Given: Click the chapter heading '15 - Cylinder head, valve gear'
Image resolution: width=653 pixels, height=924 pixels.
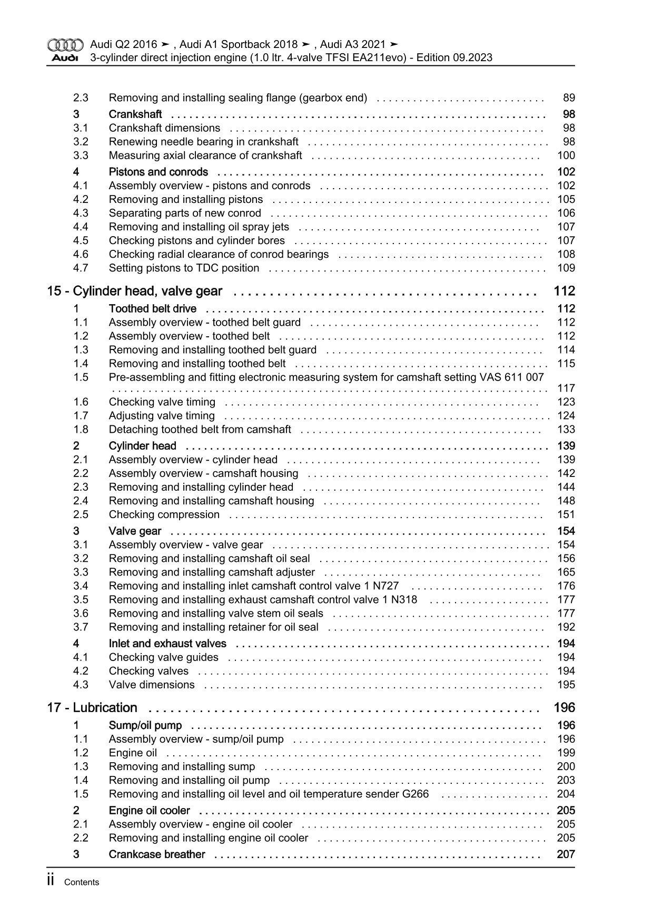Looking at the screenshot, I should (x=135, y=291).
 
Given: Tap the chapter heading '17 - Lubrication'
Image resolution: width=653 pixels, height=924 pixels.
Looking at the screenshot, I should (x=92, y=707).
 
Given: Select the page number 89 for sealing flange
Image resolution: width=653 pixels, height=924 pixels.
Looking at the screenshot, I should (x=569, y=98).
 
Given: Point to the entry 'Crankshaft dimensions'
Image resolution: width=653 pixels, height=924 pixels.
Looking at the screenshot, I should (x=164, y=128).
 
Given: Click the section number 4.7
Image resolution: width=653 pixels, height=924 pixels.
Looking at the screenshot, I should (x=81, y=268).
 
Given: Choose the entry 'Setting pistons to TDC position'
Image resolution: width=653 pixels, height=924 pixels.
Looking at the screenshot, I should (x=184, y=268).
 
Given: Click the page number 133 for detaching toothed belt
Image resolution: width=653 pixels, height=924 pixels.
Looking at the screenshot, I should (x=566, y=429).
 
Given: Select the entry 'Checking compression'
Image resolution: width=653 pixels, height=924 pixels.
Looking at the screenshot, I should (x=164, y=514).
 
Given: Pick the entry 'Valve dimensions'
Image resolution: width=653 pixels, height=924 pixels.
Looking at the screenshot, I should (x=152, y=685).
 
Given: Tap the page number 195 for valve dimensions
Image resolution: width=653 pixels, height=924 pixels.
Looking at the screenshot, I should (x=566, y=685).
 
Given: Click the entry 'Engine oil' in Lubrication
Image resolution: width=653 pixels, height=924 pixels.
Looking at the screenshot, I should (x=133, y=753).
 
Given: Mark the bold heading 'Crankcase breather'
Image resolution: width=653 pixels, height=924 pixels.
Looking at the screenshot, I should (x=157, y=854).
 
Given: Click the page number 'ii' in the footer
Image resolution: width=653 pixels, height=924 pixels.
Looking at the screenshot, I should (x=51, y=881).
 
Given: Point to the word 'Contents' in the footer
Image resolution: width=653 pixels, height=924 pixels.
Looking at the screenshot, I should (x=82, y=882).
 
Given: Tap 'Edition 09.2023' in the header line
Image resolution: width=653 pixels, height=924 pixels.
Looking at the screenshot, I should (x=454, y=57).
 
